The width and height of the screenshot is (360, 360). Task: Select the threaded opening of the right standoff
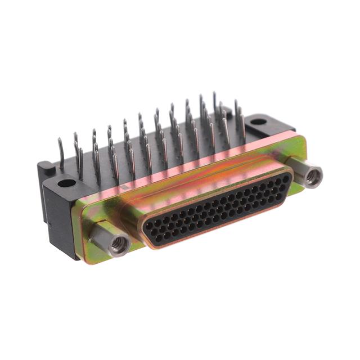point(313,177)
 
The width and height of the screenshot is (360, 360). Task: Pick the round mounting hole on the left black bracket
point(66,183)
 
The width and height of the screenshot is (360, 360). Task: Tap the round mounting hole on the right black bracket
point(258,121)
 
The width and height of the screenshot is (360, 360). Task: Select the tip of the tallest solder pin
point(214,94)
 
